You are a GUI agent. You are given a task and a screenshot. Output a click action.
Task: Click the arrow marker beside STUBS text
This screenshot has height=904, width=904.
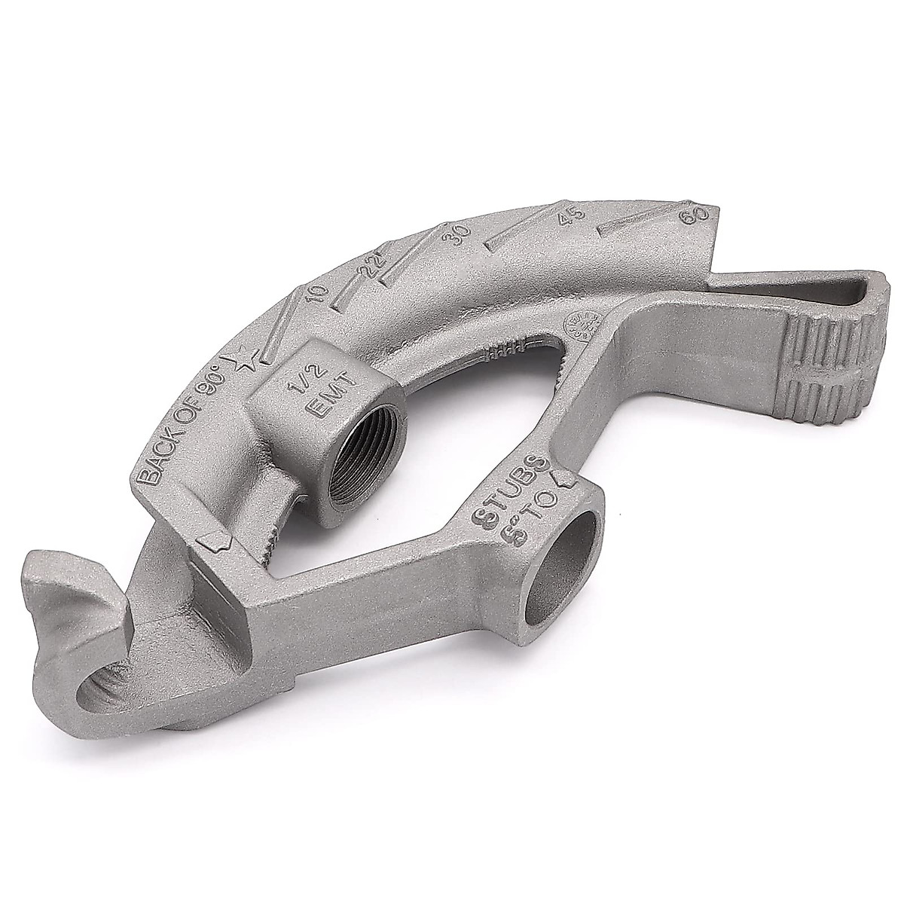coord(564,477)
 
